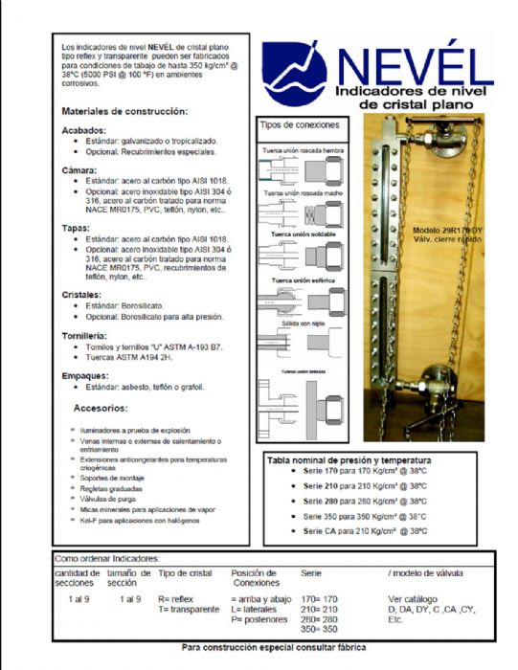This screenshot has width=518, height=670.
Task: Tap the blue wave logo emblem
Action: point(294,73)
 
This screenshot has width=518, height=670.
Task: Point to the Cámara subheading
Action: point(80,168)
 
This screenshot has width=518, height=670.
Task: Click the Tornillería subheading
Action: point(88,336)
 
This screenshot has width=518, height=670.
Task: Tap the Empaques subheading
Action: point(87,375)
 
